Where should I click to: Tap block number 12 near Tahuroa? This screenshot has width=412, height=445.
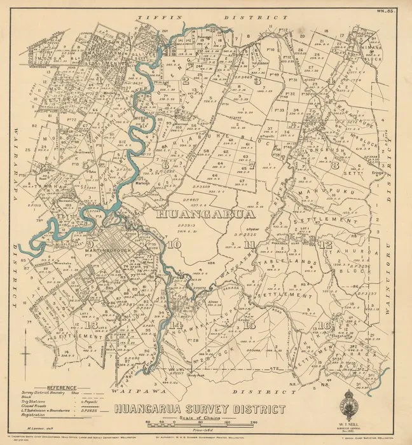(x=326, y=245)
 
